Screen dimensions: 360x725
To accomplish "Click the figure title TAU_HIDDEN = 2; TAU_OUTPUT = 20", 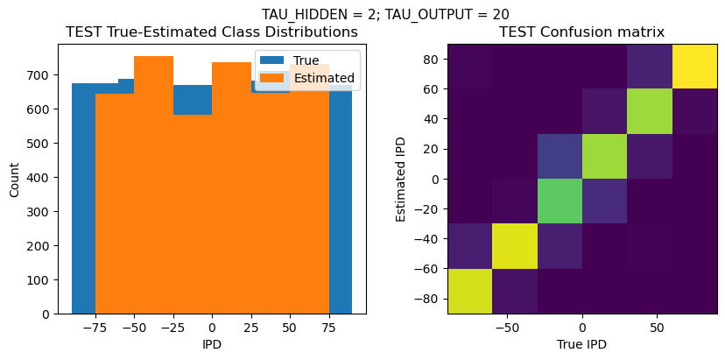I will [385, 14].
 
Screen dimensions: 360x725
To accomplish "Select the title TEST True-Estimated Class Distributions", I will [212, 32].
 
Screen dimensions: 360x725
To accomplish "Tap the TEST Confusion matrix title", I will [581, 32].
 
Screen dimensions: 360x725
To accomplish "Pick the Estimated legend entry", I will [325, 78].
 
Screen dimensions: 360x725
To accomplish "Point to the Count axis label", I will [15, 180].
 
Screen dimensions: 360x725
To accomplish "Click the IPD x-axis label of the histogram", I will [212, 344].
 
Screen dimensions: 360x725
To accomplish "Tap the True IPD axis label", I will [581, 344].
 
